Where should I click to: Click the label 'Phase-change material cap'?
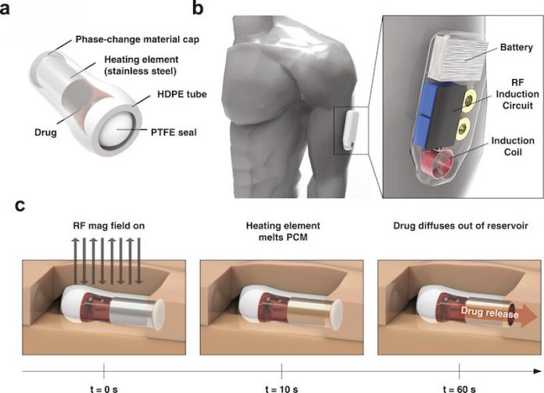click(138, 39)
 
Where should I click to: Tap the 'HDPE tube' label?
click(182, 94)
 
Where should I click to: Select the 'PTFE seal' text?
click(174, 132)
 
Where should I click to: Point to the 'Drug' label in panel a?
click(45, 132)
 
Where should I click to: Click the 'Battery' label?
click(516, 47)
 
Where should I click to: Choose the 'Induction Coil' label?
click(513, 146)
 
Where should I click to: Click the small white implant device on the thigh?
click(351, 130)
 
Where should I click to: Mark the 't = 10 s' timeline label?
click(281, 389)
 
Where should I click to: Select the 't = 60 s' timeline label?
click(459, 389)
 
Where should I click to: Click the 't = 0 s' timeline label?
click(104, 389)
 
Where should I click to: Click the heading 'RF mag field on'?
click(109, 226)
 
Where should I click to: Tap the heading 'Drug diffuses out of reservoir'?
click(460, 226)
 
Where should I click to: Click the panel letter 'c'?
click(20, 206)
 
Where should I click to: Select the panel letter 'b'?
click(198, 9)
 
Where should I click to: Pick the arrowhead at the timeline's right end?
click(537, 371)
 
